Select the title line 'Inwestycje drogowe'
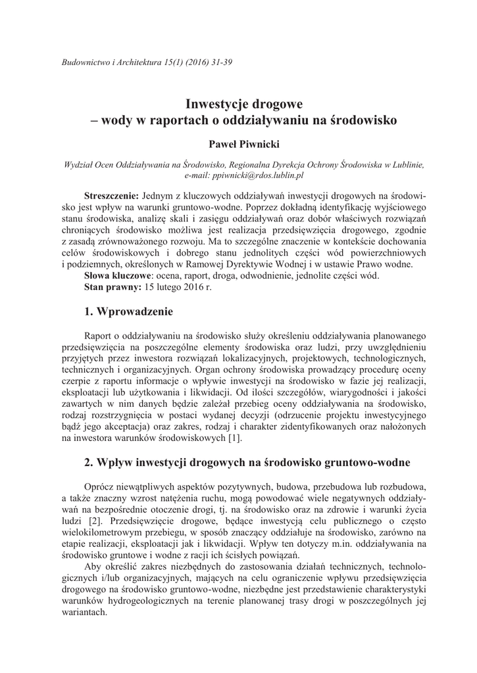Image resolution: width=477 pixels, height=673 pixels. point(238,104)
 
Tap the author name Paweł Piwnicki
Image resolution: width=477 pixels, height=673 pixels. point(238,143)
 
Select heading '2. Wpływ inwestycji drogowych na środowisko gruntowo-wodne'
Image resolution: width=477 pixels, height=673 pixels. point(247,463)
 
